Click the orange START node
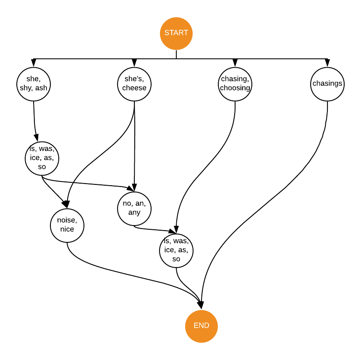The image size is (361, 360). [176, 33]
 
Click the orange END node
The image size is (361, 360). [201, 326]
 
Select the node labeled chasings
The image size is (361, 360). [327, 84]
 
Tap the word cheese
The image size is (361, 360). [134, 88]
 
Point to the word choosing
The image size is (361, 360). [235, 88]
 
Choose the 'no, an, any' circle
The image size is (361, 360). [134, 208]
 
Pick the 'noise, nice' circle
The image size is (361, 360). [67, 225]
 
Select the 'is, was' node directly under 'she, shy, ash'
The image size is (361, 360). [42, 158]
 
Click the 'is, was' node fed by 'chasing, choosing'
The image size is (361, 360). [176, 250]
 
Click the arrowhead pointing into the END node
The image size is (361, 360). [201, 305]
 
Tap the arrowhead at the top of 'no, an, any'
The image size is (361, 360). [134, 188]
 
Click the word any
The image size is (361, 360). [134, 212]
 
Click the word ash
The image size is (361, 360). [41, 88]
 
